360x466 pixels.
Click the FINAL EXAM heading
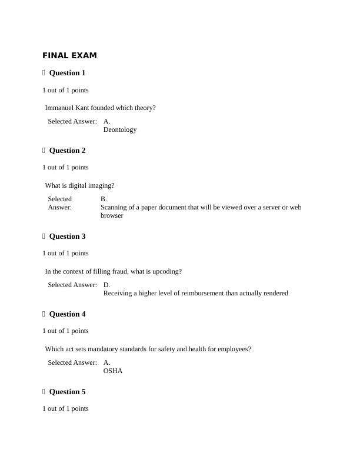pos(69,56)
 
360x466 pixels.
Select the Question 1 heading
pos(67,73)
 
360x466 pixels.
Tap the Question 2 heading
pos(67,151)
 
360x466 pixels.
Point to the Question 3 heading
pos(67,237)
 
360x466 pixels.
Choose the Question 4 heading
pos(67,314)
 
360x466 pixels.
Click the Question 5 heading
pos(67,392)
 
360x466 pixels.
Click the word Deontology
pos(120,129)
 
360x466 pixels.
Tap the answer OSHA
pos(113,371)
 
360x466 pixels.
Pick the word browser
pos(112,216)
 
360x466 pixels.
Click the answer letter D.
pos(106,285)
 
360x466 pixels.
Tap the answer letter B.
pos(104,199)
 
